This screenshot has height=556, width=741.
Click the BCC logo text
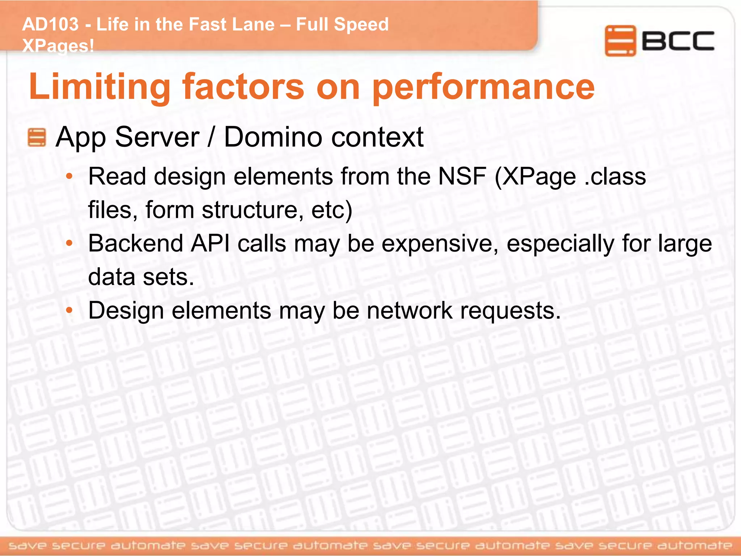[678, 41]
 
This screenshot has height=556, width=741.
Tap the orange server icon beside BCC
[620, 41]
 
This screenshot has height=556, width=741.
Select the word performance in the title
[483, 87]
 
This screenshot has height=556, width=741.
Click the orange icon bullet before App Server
[37, 138]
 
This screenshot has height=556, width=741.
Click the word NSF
[462, 177]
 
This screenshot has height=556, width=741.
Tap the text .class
[615, 177]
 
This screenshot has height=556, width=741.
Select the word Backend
[136, 243]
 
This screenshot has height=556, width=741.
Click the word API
[210, 243]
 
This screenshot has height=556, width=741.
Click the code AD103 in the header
[50, 25]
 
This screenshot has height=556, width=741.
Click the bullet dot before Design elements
[69, 311]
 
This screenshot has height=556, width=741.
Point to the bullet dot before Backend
[69, 244]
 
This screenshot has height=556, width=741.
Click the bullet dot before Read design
[69, 177]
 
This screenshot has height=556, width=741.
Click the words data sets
[141, 277]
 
